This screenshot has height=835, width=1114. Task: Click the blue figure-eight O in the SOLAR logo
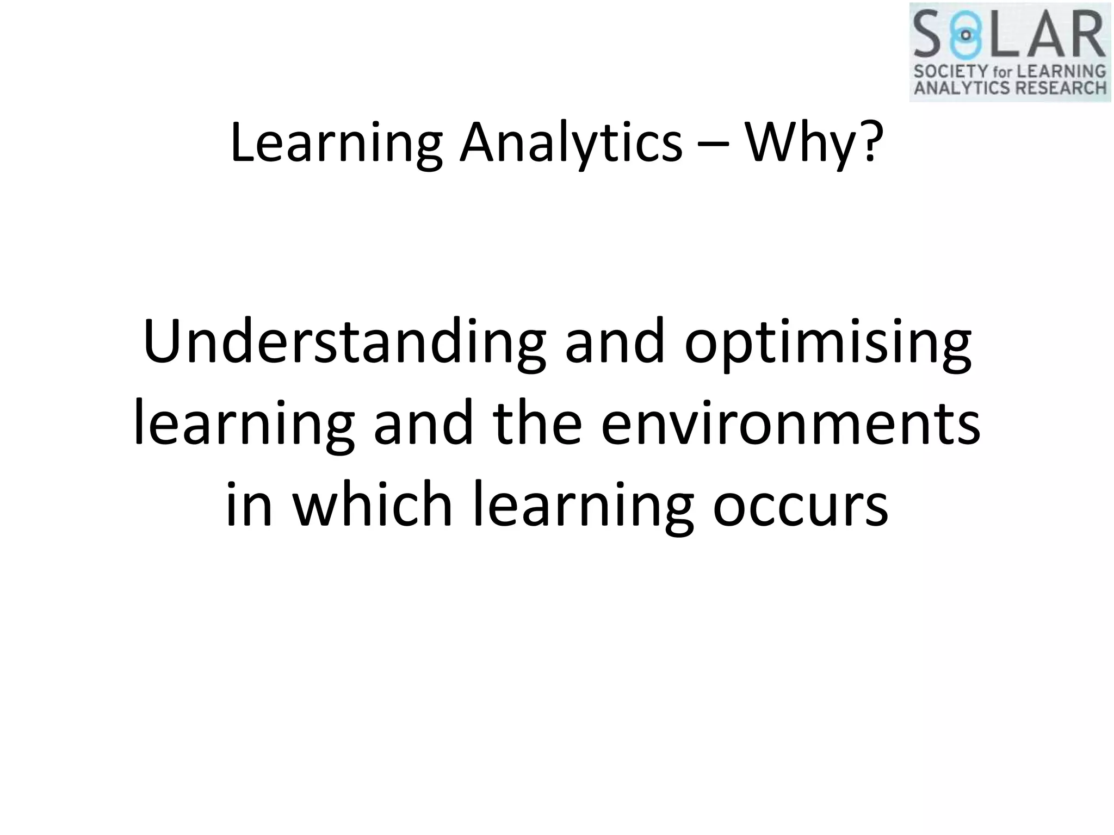click(966, 35)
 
